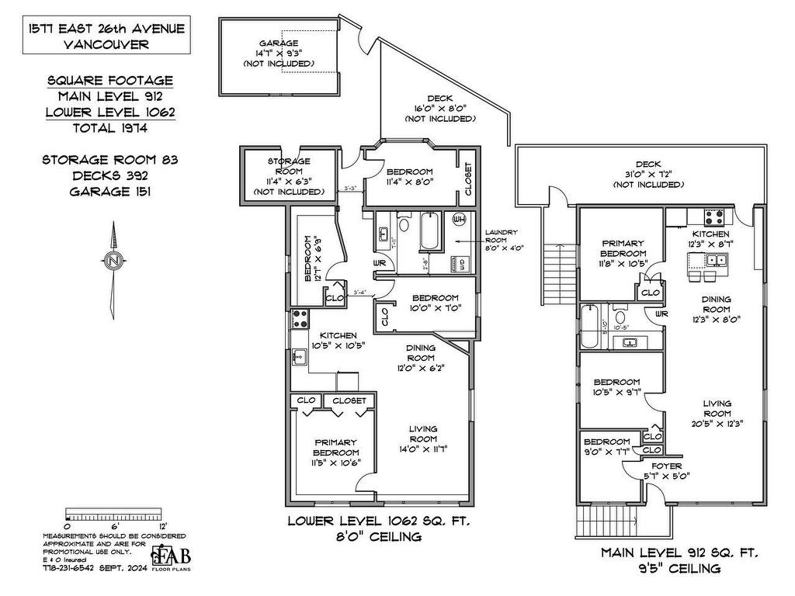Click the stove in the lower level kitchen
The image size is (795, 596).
point(300,318)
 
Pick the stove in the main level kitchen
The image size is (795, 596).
point(713,216)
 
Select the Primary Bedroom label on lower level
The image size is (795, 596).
point(335,453)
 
